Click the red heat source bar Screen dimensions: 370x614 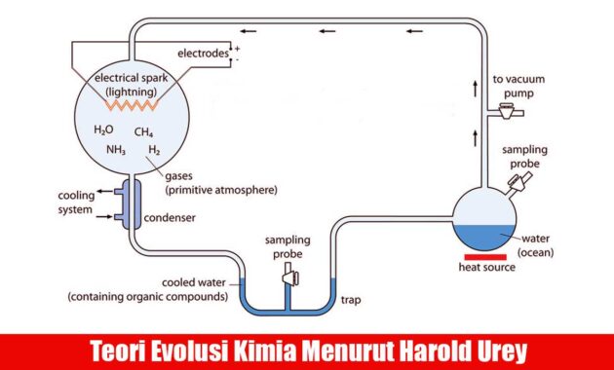pos(485,256)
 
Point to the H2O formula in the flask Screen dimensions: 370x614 pos(103,130)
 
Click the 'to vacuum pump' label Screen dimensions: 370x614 pos(515,84)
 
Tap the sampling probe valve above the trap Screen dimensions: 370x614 pos(288,279)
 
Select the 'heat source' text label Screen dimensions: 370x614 pos(485,269)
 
